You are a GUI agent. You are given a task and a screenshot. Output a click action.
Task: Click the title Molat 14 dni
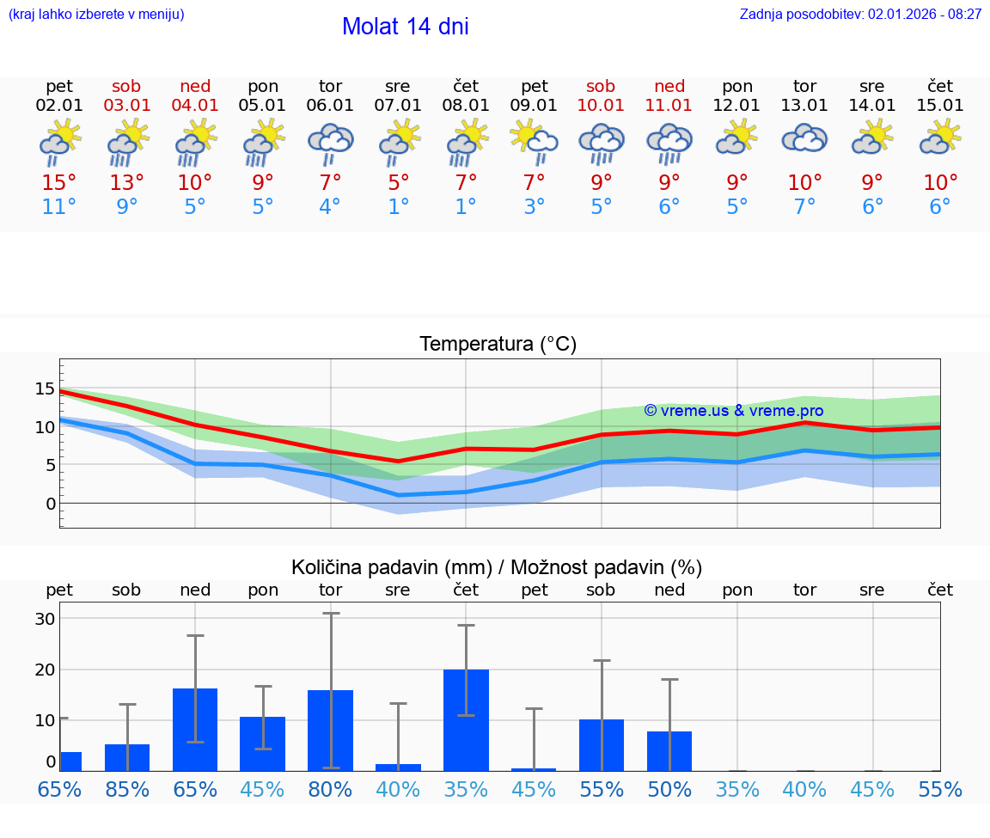pos(405,27)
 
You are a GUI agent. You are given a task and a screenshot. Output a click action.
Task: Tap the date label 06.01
pos(330,106)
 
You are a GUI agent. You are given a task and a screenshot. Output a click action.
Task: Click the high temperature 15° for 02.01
pos(59,183)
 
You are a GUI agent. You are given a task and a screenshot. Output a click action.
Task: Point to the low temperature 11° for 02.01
pos(59,207)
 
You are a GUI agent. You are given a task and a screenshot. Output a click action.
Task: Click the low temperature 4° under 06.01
pos(330,207)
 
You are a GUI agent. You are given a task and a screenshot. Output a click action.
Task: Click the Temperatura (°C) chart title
pos(498,345)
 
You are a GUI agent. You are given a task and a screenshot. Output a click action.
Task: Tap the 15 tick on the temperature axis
pos(45,388)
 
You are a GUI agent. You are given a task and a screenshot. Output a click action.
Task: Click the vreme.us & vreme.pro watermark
pos(733,411)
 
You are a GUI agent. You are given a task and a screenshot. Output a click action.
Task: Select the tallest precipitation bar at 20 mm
pos(466,719)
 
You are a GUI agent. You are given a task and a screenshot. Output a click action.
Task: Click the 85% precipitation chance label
pos(127,790)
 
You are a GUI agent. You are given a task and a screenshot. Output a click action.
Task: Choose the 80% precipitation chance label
pos(330,790)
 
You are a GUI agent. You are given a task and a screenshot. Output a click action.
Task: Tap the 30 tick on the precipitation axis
pos(45,619)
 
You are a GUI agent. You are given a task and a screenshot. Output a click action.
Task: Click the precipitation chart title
pos(497,567)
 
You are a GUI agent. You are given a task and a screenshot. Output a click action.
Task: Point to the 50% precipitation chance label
pos(669,790)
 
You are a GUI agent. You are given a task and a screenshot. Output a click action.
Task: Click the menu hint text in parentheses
pos(96,15)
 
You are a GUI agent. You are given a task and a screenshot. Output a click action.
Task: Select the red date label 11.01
pos(669,106)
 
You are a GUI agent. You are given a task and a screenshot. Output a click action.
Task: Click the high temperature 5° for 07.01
pos(398,183)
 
